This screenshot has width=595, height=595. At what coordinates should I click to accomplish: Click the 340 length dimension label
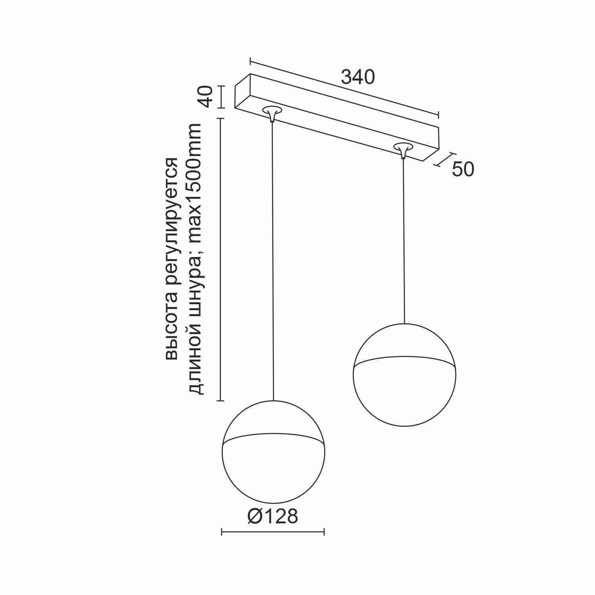click(x=358, y=77)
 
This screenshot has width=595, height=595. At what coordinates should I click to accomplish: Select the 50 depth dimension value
click(x=463, y=169)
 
